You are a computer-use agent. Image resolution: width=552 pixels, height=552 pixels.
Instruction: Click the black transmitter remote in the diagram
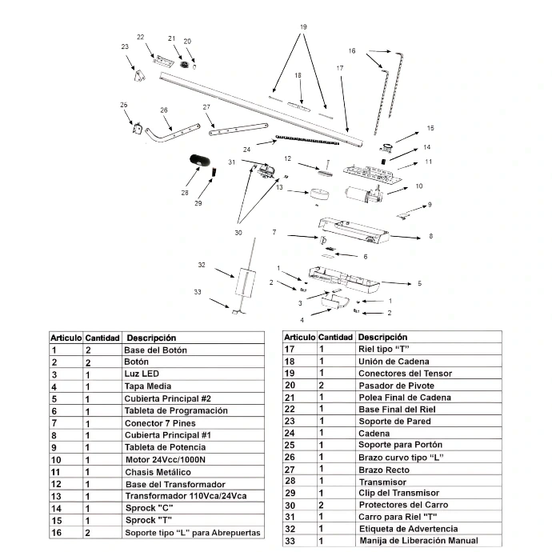[x=200, y=161]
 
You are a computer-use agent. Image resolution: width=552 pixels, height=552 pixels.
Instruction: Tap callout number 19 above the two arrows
[x=303, y=27]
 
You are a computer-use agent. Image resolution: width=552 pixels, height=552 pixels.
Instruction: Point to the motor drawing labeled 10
[x=363, y=194]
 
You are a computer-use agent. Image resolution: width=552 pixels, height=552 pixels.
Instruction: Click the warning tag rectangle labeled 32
[x=245, y=282]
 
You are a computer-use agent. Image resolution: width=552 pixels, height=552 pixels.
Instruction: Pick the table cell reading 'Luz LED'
[x=142, y=374]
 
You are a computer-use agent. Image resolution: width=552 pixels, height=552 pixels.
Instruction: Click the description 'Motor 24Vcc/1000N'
[x=165, y=460]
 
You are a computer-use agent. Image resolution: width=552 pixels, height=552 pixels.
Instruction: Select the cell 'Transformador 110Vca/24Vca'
[x=186, y=496]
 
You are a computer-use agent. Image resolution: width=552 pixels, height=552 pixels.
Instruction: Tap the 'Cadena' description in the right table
[x=374, y=434]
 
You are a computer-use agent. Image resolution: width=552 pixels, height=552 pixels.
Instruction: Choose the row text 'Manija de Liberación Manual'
[x=418, y=540]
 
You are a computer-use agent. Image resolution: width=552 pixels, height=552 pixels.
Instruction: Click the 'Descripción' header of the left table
[x=151, y=338]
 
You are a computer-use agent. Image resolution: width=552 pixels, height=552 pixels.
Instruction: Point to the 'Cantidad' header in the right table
[x=335, y=338]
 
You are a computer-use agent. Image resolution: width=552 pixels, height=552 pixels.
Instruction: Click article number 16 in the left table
[x=56, y=533]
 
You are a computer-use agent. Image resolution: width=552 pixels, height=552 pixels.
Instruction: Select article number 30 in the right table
[x=290, y=506]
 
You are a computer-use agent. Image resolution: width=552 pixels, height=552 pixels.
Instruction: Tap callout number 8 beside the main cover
[x=430, y=236]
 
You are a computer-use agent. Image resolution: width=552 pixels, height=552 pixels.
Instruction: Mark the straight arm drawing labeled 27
[x=238, y=129]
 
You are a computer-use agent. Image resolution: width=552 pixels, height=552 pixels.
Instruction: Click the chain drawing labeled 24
[x=307, y=140]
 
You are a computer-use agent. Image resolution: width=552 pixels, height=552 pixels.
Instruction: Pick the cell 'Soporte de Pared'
[x=394, y=422]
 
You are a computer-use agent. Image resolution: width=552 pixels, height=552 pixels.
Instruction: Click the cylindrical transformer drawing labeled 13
[x=319, y=194]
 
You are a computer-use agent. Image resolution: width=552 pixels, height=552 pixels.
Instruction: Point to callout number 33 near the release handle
[x=198, y=292]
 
